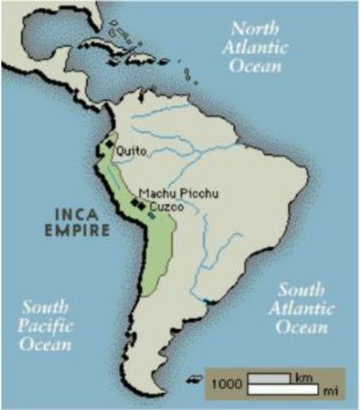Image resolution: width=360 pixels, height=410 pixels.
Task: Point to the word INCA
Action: pyautogui.click(x=78, y=214)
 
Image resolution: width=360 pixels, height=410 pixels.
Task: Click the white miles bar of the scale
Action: pyautogui.click(x=283, y=389)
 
